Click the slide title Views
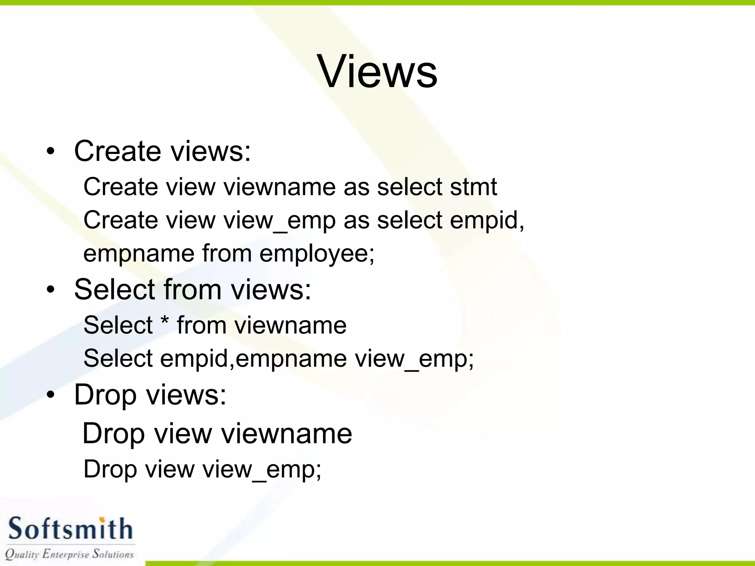(377, 71)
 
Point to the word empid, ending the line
(487, 220)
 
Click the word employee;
(317, 254)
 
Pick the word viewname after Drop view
(286, 433)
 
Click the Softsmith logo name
(70, 528)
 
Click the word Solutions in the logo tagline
(113, 553)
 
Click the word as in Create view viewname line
(356, 186)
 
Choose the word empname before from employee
(139, 254)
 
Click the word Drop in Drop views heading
(105, 395)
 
